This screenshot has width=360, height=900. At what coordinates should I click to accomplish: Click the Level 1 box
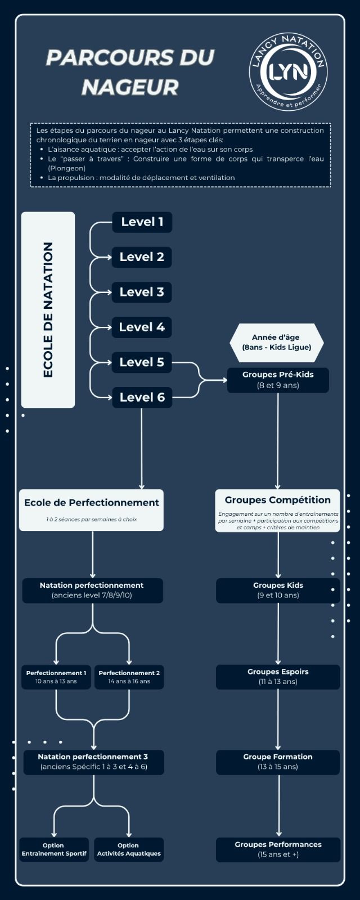(x=142, y=222)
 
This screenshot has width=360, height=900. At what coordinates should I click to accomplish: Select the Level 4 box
(x=142, y=327)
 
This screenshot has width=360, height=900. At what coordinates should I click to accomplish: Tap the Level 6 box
(x=142, y=397)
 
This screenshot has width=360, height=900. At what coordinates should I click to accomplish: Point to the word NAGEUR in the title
(x=130, y=87)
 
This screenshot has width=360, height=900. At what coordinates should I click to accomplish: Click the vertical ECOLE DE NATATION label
(x=48, y=310)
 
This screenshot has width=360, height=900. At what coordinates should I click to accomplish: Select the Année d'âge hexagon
(x=276, y=343)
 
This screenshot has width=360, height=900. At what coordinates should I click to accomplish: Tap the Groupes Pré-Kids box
(x=278, y=380)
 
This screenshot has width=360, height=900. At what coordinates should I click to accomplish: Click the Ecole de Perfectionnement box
(x=91, y=510)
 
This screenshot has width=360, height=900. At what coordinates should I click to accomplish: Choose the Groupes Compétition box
(x=278, y=511)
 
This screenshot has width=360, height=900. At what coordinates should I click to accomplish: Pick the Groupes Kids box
(x=278, y=590)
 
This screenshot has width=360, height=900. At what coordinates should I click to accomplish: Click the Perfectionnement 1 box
(x=56, y=677)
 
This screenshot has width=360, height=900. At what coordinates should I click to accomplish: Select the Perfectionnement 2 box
(x=129, y=677)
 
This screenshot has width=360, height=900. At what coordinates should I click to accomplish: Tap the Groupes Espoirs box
(x=278, y=677)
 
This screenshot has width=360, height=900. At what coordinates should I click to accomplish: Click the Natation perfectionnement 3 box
(x=93, y=762)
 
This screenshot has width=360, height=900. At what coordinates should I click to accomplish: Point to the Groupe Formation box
(x=278, y=762)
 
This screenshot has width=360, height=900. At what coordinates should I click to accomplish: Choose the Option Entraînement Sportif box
(x=54, y=849)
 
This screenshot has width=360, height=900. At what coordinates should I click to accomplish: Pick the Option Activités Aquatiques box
(x=129, y=849)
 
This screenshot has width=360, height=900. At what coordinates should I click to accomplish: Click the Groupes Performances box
(x=278, y=849)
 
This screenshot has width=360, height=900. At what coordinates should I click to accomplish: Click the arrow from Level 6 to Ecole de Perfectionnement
(x=141, y=448)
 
